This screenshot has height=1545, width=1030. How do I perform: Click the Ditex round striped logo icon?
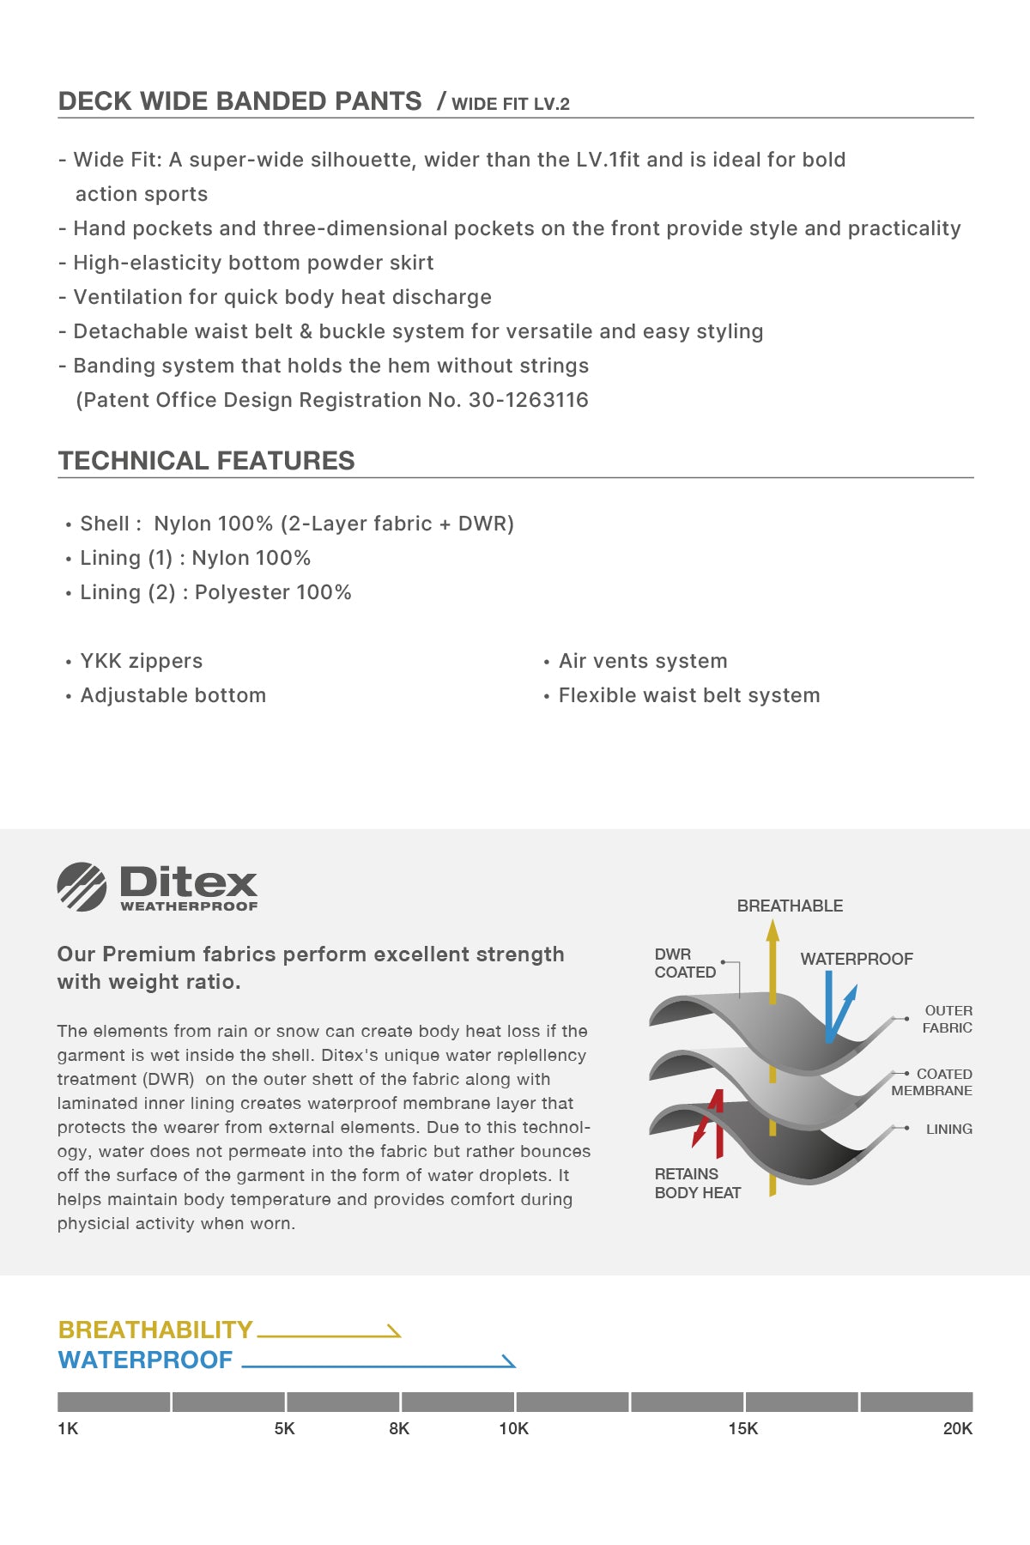tap(82, 887)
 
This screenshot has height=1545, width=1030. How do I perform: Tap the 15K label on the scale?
tap(742, 1428)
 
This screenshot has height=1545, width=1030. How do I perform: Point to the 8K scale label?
tap(399, 1428)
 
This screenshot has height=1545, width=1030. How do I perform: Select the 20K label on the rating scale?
tap(957, 1428)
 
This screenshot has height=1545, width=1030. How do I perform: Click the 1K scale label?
tap(68, 1428)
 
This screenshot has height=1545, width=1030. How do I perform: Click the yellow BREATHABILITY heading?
tap(155, 1330)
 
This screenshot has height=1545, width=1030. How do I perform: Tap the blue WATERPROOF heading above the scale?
tap(145, 1360)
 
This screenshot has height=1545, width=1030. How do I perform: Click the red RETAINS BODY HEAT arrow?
tap(711, 1120)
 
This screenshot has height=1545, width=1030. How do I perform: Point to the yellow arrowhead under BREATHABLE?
tap(772, 930)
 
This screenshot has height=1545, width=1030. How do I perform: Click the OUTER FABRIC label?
tap(948, 1019)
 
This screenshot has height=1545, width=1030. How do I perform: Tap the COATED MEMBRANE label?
tap(932, 1082)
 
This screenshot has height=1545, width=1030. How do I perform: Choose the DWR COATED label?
tap(684, 963)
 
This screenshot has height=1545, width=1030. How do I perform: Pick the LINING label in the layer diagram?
tap(948, 1129)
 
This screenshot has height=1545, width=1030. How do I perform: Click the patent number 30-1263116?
tap(528, 400)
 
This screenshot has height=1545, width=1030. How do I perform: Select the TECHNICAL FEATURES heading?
tap(206, 461)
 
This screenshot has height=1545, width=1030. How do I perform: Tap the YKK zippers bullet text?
tap(142, 661)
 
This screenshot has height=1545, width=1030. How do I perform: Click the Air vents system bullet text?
tap(643, 661)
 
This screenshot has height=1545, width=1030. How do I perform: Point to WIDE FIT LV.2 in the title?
tap(511, 104)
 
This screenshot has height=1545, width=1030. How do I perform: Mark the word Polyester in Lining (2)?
tap(242, 592)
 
